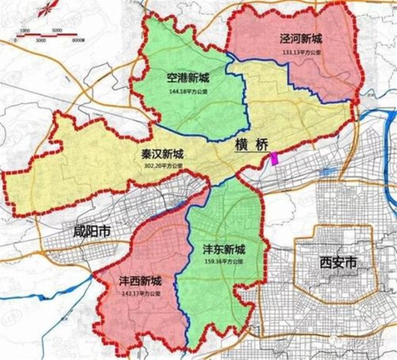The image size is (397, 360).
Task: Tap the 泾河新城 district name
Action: coord(295,40)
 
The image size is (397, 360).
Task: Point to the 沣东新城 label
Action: coord(224,250)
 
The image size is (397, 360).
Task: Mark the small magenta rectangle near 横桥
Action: coord(274,158)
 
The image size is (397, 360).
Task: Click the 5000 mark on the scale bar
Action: coord(56,30)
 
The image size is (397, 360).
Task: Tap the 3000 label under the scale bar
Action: coord(41,40)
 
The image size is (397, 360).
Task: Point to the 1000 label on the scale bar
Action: coord(25,30)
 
